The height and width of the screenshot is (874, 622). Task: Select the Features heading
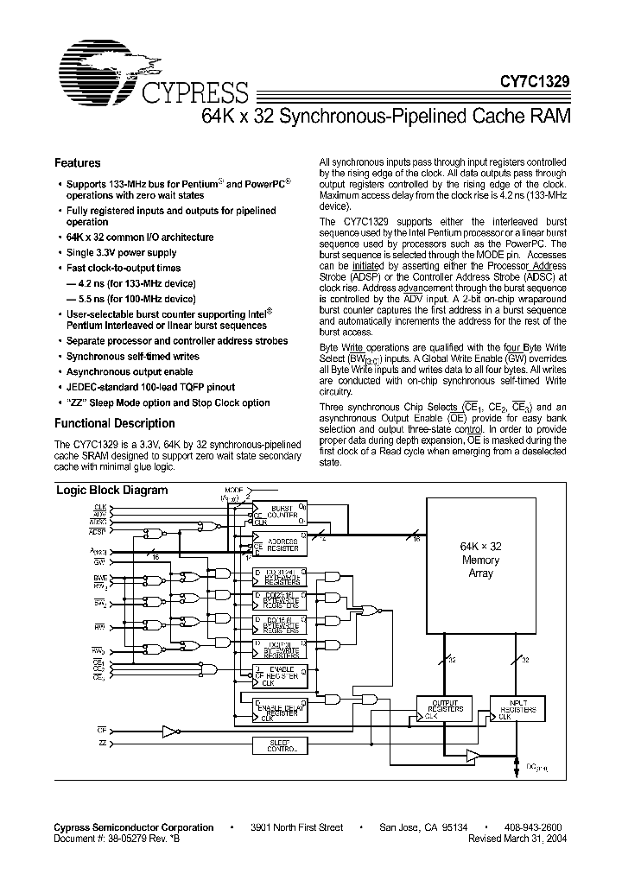(77, 162)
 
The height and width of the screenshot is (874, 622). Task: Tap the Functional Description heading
(114, 423)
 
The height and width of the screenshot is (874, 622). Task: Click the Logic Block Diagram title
(111, 490)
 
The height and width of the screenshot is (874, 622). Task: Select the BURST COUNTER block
(282, 513)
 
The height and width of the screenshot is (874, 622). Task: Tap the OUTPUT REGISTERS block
(444, 708)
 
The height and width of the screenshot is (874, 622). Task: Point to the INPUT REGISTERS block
(519, 708)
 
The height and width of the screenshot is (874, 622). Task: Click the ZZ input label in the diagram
(102, 744)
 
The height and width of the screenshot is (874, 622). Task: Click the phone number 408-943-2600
(531, 827)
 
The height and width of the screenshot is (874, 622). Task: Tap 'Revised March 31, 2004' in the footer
(518, 839)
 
